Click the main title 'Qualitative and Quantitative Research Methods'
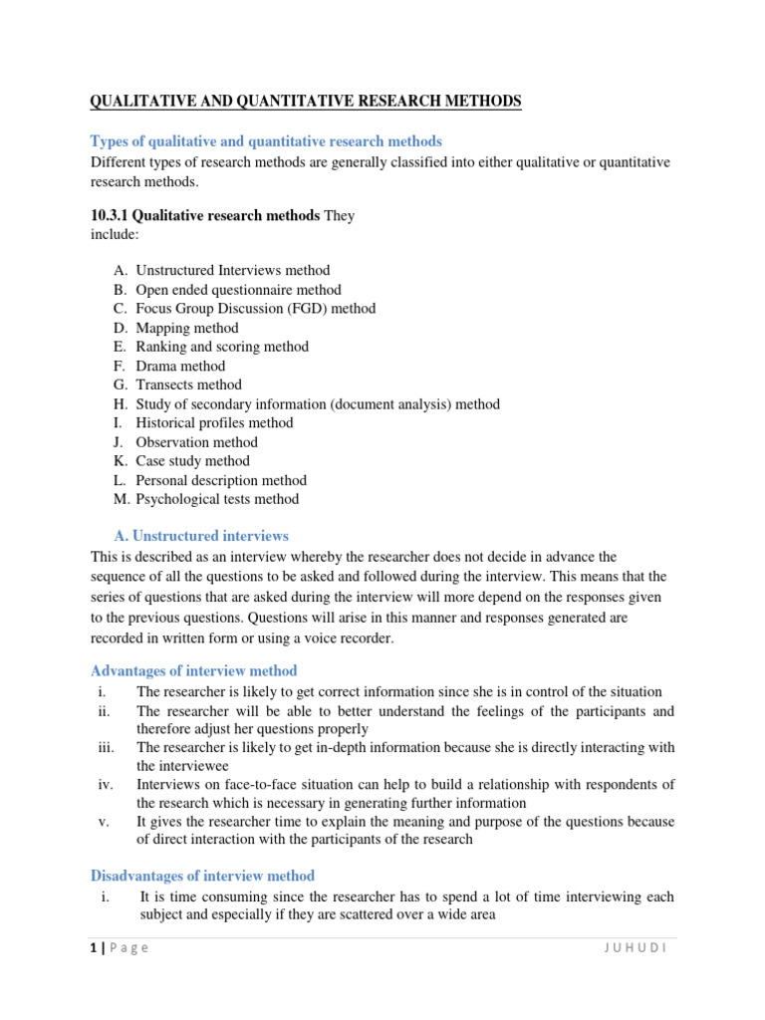[306, 102]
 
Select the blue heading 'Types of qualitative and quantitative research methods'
[266, 141]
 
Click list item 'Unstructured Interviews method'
[232, 270]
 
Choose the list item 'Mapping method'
[187, 328]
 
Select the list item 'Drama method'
[182, 366]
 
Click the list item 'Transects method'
[188, 384]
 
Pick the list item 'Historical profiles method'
[214, 422]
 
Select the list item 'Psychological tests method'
[217, 499]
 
